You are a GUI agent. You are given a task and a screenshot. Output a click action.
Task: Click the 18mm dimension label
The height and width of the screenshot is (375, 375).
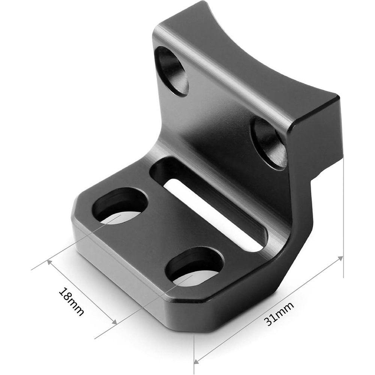tap(71, 302)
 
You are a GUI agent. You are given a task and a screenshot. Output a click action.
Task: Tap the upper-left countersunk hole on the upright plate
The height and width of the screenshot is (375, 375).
tap(171, 69)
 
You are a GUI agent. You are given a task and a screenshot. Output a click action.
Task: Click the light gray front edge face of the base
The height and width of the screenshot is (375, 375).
tap(142, 277)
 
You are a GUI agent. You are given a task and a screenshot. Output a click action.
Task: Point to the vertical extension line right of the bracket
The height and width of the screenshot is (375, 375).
tap(343, 210)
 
